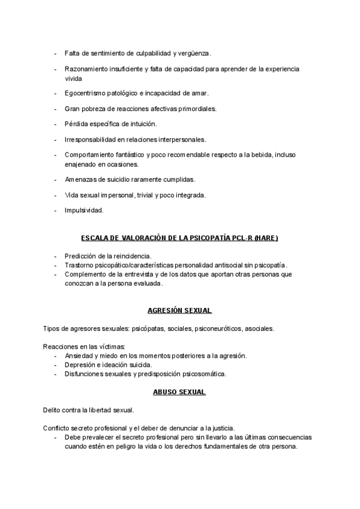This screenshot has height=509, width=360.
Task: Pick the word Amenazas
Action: tap(80, 179)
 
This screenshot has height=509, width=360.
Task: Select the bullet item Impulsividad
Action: tap(84, 210)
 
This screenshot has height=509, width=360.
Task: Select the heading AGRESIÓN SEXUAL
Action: tap(179, 310)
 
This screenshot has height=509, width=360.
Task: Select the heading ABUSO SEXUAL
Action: tap(179, 392)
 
